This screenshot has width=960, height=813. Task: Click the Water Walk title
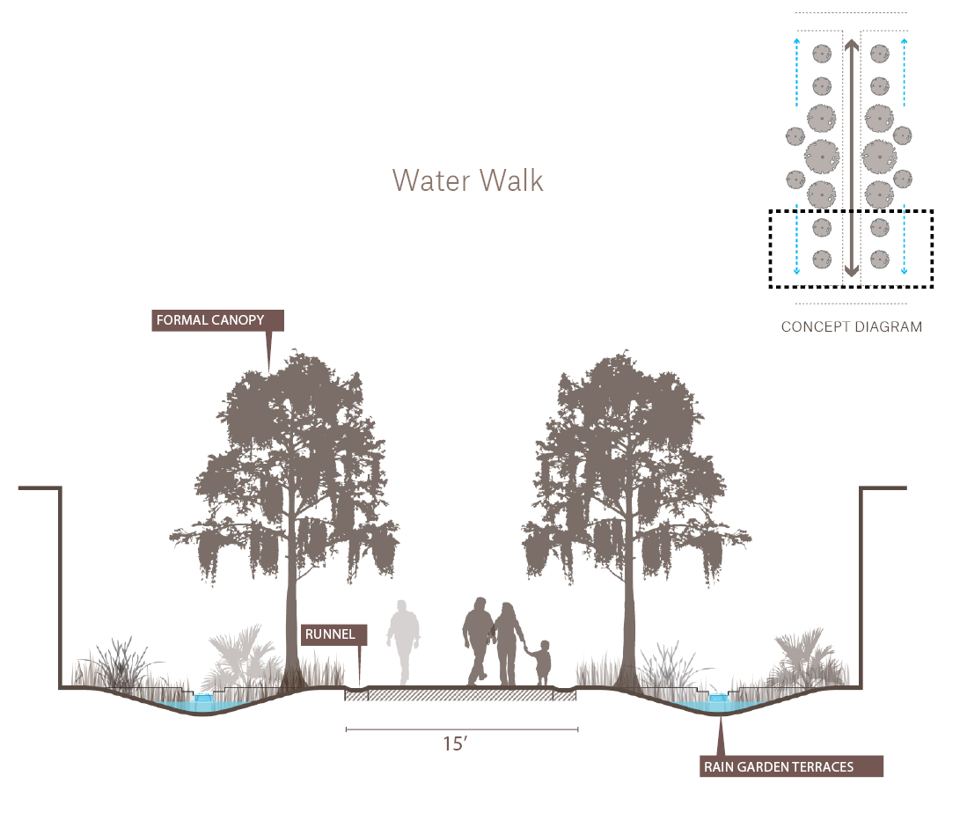point(468,180)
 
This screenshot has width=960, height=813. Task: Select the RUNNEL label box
point(333,634)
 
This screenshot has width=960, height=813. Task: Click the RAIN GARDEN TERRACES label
point(791,766)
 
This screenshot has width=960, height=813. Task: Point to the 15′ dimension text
point(455,743)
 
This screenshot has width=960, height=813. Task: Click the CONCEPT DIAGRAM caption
point(852,327)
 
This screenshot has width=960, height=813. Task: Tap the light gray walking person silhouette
point(403,642)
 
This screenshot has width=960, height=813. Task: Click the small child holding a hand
point(540,663)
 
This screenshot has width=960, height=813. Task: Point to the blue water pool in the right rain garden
point(717,706)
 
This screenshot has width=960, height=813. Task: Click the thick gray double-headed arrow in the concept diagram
point(851,158)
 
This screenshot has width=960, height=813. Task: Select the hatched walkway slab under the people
point(460,694)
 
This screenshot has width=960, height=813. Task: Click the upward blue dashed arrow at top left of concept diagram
point(796,71)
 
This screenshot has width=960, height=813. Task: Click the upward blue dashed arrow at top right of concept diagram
point(905,71)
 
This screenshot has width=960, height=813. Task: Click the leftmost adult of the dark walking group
point(478,641)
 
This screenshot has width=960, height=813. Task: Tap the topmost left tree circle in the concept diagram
point(822,54)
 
